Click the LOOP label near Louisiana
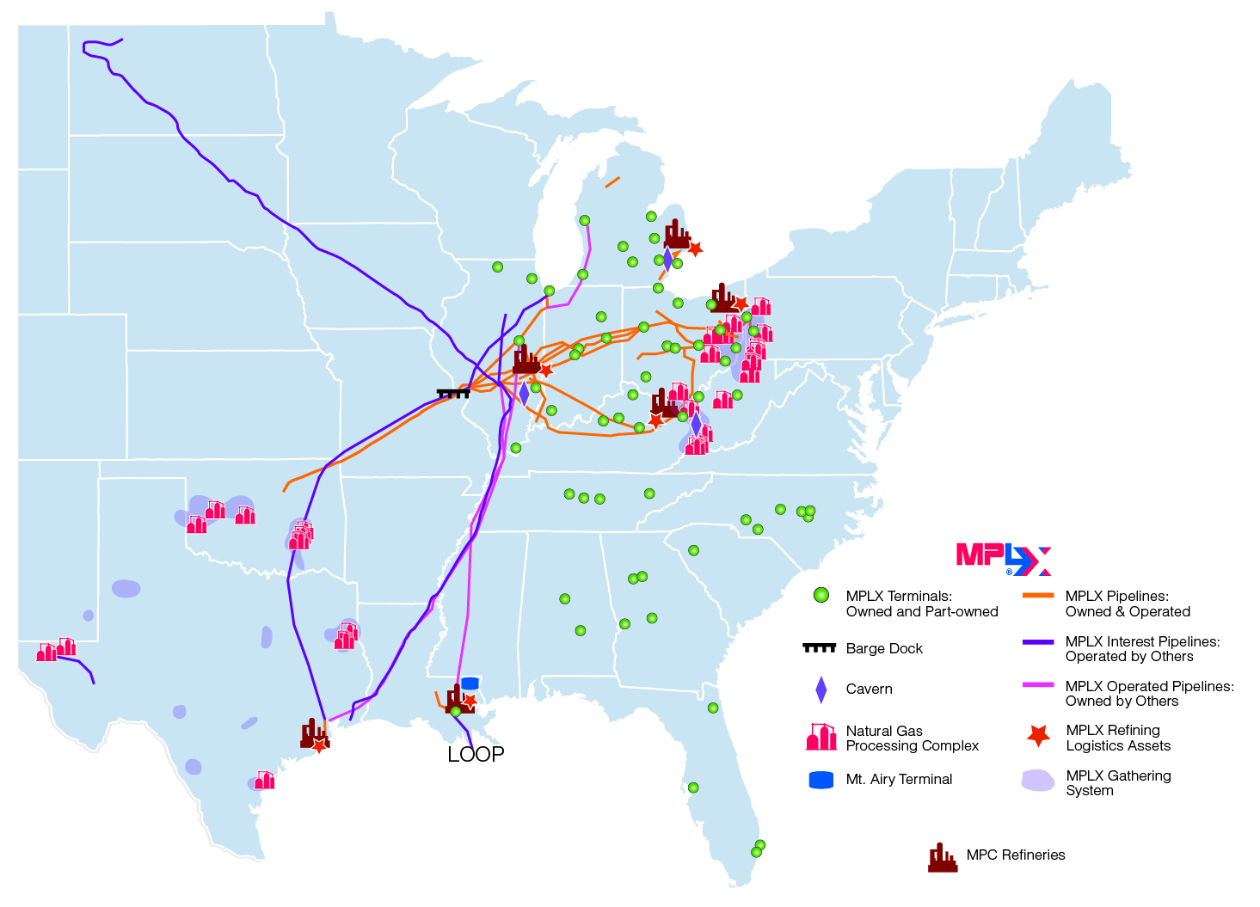476,754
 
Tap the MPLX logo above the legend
1004,559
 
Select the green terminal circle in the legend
821,596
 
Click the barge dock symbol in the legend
819,647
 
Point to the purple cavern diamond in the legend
821,689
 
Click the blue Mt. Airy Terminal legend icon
821,780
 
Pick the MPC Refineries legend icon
943,857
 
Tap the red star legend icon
1039,736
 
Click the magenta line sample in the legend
1038,685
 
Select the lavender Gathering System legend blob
1038,781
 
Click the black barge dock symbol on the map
453,393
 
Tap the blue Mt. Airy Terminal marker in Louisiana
470,683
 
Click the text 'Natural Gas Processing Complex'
912,738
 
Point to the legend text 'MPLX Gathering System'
1118,782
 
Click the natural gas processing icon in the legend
821,737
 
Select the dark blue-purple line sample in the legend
1038,641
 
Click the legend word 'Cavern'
869,689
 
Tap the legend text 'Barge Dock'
884,648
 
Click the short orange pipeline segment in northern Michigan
612,182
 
